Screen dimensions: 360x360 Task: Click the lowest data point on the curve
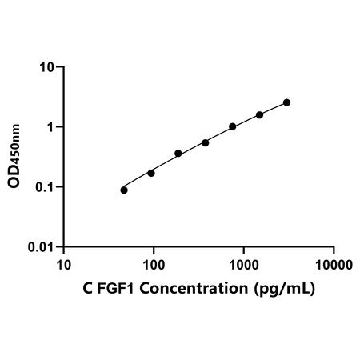(124, 190)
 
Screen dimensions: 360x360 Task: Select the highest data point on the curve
(286, 102)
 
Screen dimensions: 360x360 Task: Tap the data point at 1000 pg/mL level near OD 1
(233, 126)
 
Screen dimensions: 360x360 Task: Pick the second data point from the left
(151, 174)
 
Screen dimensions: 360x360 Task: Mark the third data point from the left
(178, 154)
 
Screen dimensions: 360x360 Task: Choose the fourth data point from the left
(206, 143)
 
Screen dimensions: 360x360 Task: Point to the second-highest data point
(259, 115)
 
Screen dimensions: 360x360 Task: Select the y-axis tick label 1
(50, 127)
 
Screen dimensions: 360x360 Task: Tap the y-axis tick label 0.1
(45, 187)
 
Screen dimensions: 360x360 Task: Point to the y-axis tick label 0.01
(41, 247)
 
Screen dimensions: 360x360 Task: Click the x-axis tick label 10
(64, 265)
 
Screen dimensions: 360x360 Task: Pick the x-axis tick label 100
(154, 265)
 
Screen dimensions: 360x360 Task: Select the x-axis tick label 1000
(244, 265)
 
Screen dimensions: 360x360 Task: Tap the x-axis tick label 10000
(334, 265)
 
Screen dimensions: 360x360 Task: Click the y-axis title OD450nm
(14, 156)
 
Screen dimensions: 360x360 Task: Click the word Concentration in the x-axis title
(194, 288)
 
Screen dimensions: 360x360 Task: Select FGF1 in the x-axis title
(116, 288)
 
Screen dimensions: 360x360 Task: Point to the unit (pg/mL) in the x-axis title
(285, 289)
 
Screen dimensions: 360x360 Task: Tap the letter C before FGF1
(88, 288)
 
